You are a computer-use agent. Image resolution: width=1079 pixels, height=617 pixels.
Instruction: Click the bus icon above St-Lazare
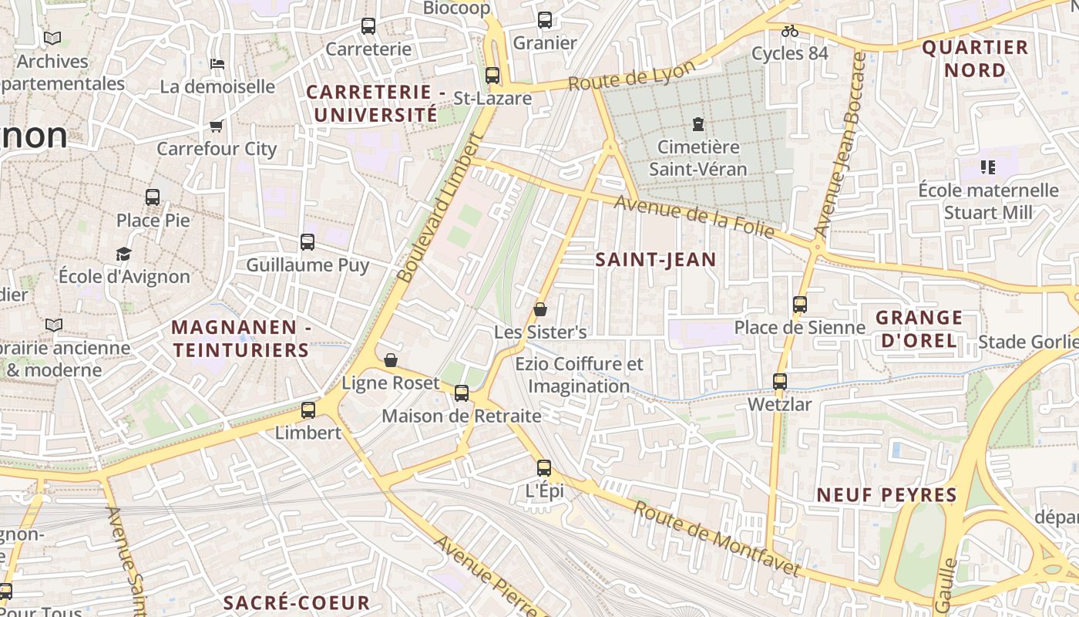(492, 76)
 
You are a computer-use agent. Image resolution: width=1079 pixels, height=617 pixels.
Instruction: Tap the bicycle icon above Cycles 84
(789, 31)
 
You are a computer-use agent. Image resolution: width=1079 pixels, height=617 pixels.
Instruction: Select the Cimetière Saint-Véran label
(698, 157)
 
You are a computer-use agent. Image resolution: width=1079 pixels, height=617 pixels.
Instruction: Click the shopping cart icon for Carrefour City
(216, 126)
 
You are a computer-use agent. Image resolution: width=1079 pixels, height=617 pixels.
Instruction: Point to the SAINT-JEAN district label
(656, 260)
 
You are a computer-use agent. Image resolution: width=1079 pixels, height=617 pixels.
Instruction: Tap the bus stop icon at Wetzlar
(780, 381)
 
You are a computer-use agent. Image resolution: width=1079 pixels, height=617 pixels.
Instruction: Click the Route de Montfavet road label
(717, 538)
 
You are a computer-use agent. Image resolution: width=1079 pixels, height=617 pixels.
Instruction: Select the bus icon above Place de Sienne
(800, 305)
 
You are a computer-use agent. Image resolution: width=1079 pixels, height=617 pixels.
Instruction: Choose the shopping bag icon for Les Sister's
(540, 309)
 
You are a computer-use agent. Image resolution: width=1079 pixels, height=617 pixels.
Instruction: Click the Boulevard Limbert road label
(439, 208)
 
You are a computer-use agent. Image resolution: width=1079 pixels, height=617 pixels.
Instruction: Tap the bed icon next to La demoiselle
(217, 63)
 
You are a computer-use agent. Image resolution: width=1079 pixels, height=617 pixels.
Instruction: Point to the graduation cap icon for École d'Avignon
(123, 253)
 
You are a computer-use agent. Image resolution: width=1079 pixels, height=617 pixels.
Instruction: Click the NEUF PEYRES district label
(886, 495)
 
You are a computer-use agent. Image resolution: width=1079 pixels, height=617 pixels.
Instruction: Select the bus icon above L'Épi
(544, 467)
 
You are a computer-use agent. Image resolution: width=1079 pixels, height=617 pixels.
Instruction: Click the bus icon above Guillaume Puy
(308, 242)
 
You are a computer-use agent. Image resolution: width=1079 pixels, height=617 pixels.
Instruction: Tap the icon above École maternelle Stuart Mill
(988, 167)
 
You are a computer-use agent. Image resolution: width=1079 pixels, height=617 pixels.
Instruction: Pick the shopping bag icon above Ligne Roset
(391, 360)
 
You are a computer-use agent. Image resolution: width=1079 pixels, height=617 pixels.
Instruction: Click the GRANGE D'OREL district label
(919, 329)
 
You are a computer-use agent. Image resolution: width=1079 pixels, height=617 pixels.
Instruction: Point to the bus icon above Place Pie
(153, 197)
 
